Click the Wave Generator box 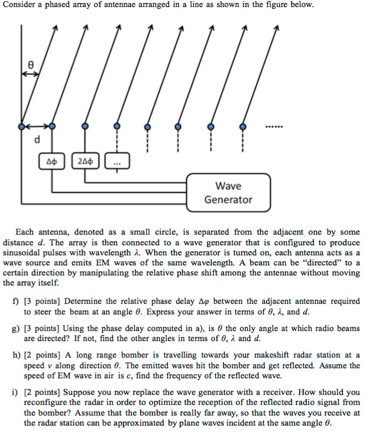(228, 193)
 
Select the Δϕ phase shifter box (53, 160)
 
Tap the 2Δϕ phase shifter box (85, 160)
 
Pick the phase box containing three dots (115, 160)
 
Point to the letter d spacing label (37, 140)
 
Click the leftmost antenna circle (21, 126)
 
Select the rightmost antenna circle (241, 126)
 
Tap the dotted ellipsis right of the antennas (274, 126)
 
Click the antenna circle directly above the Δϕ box (53, 126)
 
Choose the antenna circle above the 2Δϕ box (85, 126)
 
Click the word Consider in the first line (22, 5)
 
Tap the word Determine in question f (85, 301)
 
